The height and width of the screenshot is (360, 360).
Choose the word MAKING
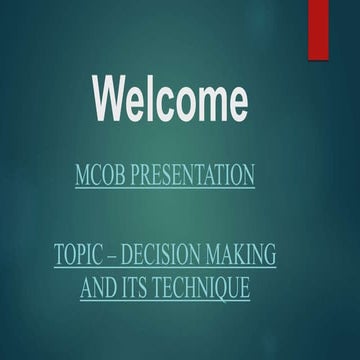(241, 256)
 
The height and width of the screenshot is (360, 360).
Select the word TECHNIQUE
(205, 289)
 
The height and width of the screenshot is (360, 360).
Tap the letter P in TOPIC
(85, 256)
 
